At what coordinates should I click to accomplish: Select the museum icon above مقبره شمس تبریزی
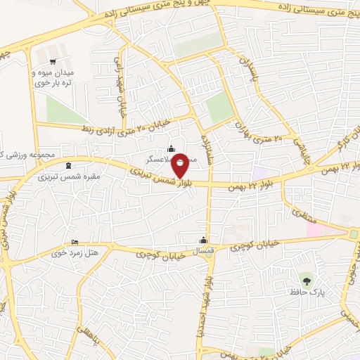[x=67, y=166]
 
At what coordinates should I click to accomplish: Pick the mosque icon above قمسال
[x=203, y=240]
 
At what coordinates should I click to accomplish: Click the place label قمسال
[x=204, y=250]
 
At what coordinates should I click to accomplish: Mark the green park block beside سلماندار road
[x=220, y=107]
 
